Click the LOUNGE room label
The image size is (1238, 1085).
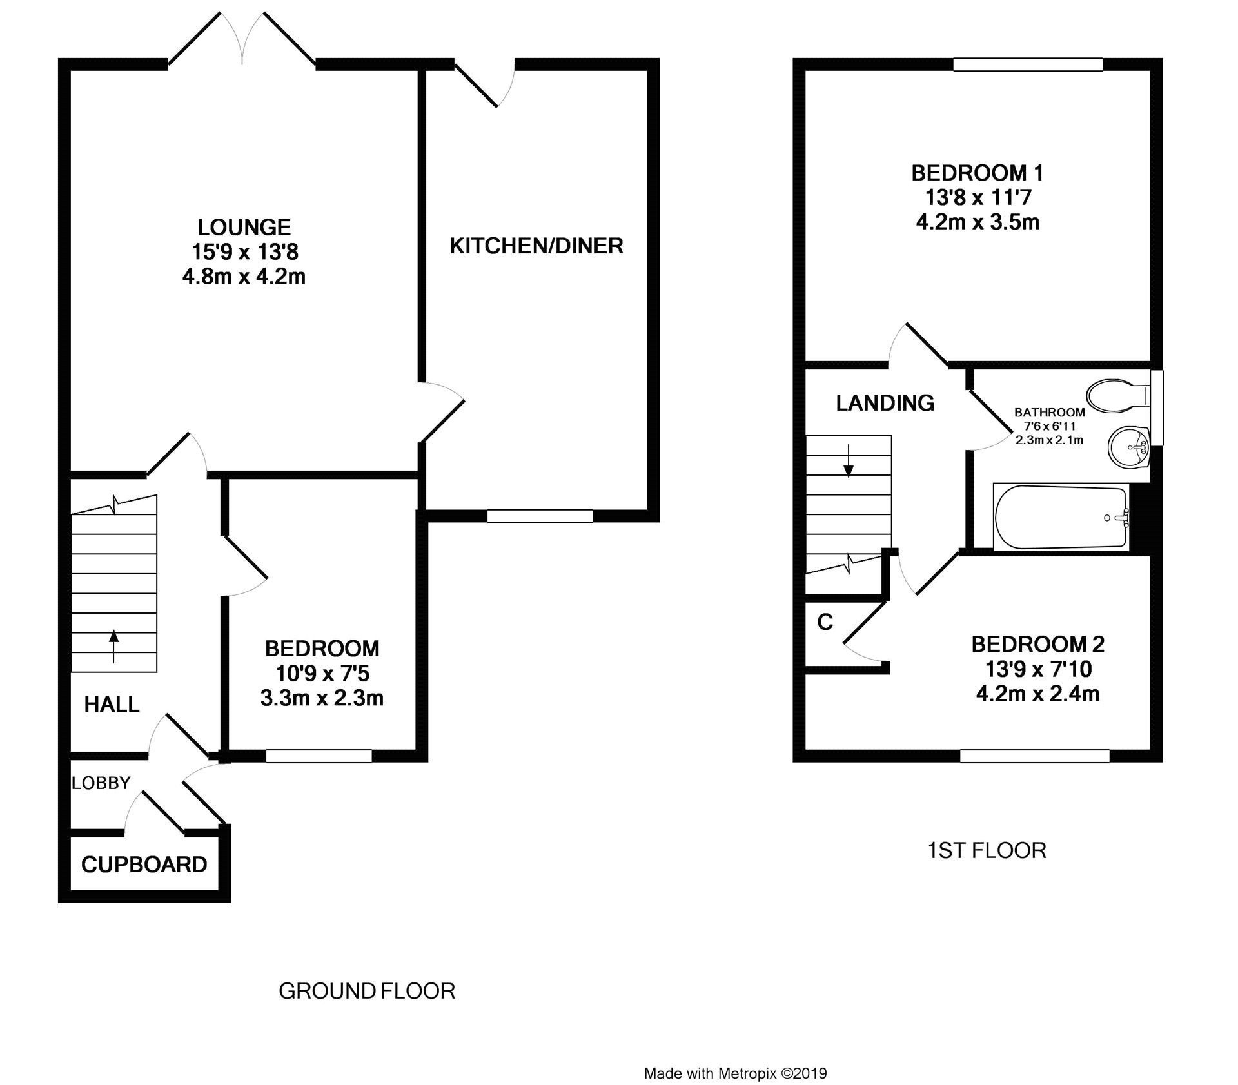coord(244,227)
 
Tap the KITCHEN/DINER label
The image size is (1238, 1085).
coord(536,246)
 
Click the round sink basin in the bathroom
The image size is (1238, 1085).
coord(1128,447)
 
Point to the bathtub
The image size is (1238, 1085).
coord(1061,517)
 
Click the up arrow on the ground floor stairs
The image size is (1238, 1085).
coord(114,646)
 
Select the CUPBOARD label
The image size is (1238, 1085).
coord(144,865)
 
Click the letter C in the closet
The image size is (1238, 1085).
coord(825,621)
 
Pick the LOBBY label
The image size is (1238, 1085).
coord(101,783)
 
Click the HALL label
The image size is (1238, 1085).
coord(112,704)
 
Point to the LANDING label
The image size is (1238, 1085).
coord(885,403)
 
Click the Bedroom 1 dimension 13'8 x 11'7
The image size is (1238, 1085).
coord(978,197)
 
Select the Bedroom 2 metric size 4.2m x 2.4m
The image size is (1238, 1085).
coord(1038,694)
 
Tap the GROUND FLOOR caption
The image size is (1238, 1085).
coord(367,991)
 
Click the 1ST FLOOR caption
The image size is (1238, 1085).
coord(987,850)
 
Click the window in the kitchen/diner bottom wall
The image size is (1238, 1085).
coord(540,516)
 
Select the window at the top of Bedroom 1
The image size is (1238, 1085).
coord(1028,64)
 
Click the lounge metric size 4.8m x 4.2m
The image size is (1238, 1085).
coord(244,277)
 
